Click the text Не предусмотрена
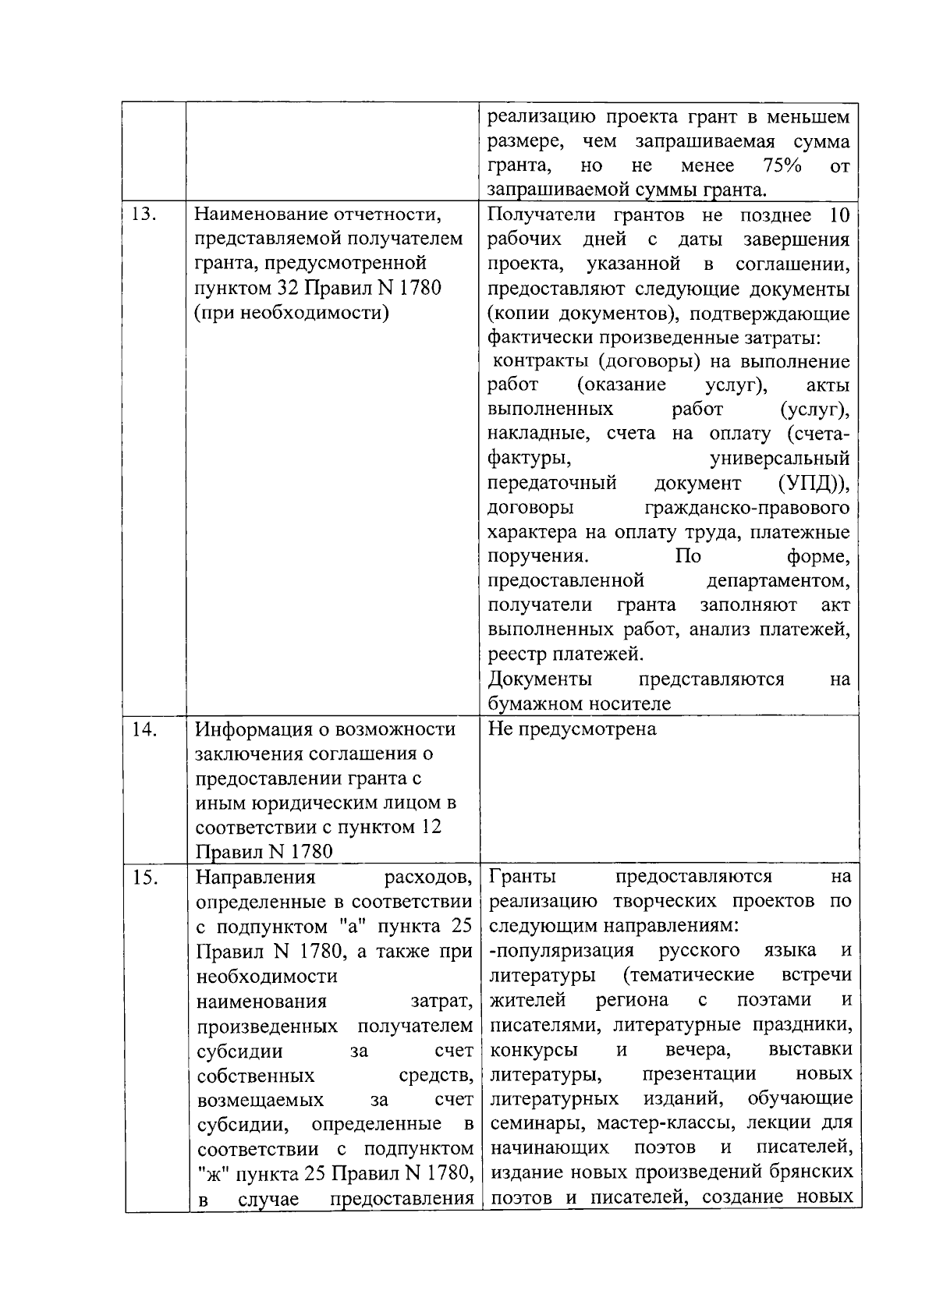(572, 729)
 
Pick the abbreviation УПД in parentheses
(813, 483)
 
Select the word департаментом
(778, 581)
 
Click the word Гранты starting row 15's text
(522, 876)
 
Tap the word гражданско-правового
(746, 508)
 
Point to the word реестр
(514, 654)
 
